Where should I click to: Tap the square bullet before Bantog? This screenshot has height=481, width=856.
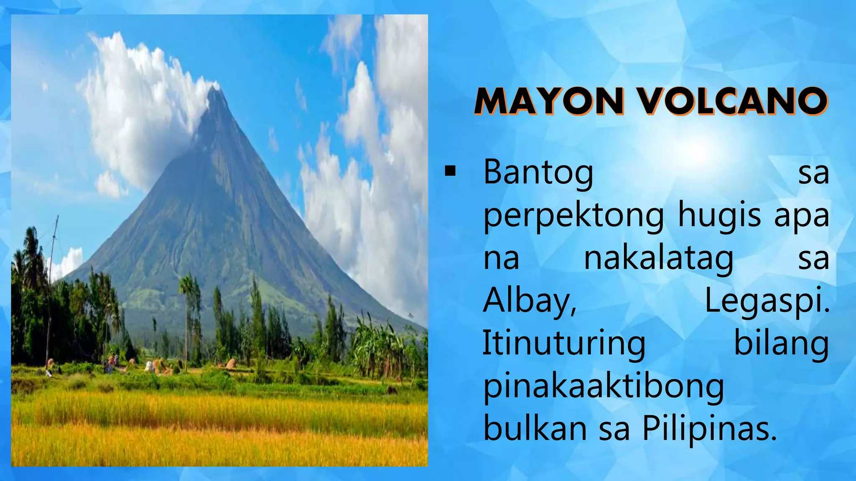click(x=450, y=171)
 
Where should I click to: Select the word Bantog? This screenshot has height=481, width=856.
click(x=538, y=172)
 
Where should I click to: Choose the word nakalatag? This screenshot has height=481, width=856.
click(x=658, y=258)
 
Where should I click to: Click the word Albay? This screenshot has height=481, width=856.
click(x=530, y=301)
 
